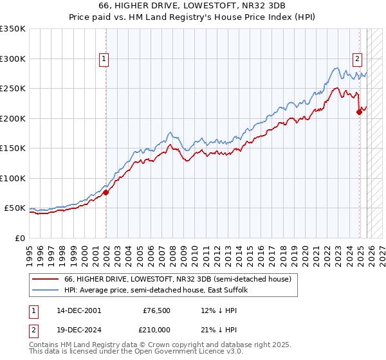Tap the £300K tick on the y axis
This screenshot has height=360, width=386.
coord(12,59)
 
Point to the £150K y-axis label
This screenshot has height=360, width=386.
coord(12,148)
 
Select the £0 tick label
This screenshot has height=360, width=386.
coord(19,238)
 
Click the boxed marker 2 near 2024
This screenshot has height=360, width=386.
coord(357,59)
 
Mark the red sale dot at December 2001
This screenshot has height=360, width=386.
coord(106,192)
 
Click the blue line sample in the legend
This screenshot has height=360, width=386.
coord(45,291)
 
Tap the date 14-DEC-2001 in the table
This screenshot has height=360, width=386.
coord(79,310)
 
